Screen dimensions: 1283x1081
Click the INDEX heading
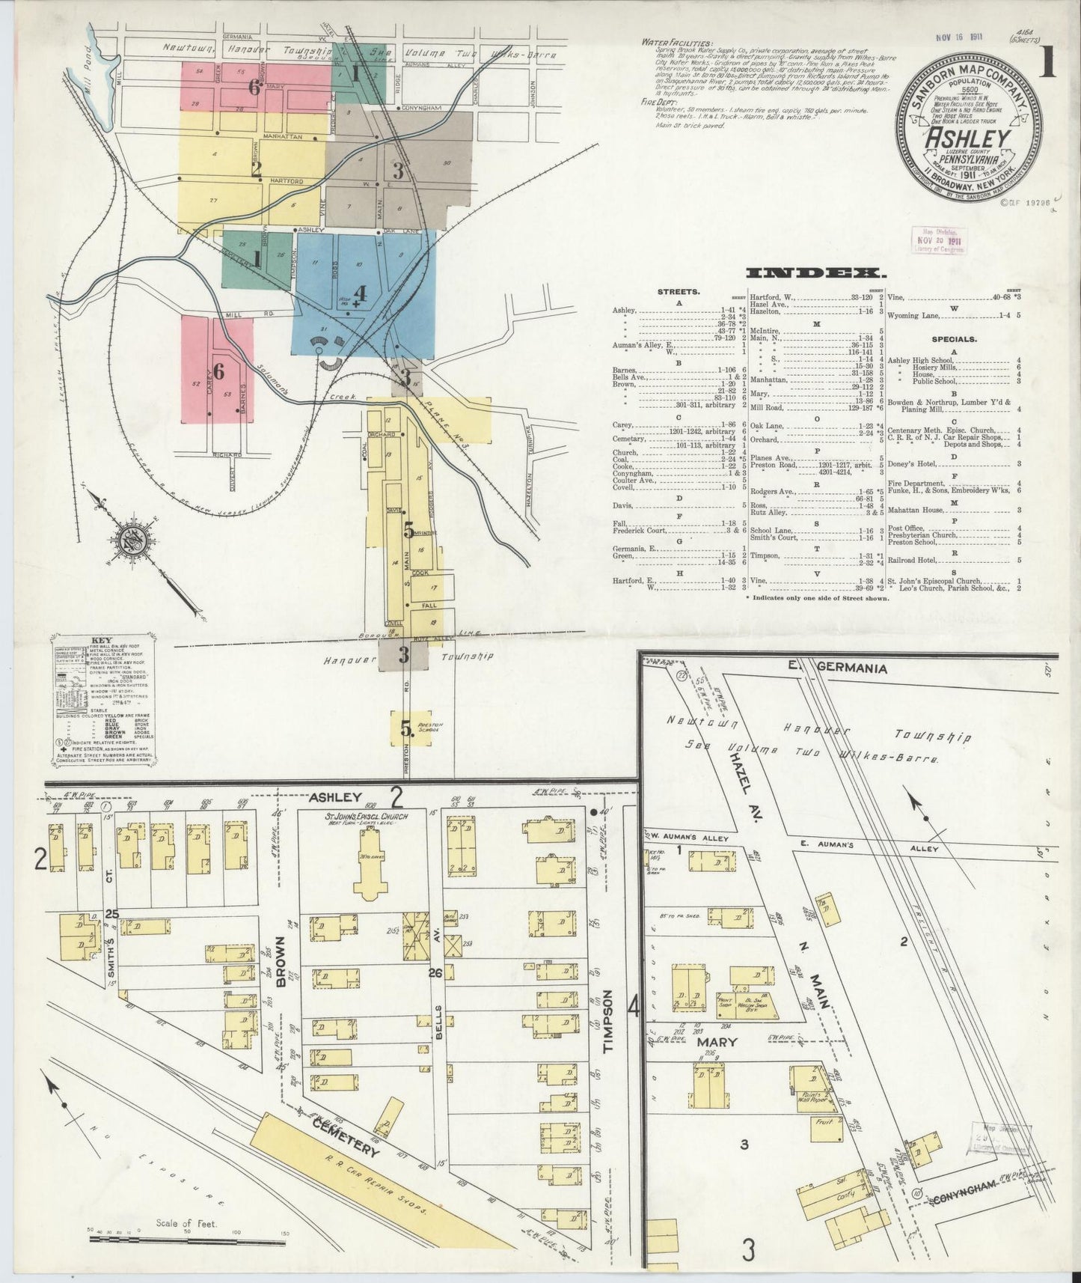pos(815,273)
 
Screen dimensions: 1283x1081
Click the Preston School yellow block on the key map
pos(411,728)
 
